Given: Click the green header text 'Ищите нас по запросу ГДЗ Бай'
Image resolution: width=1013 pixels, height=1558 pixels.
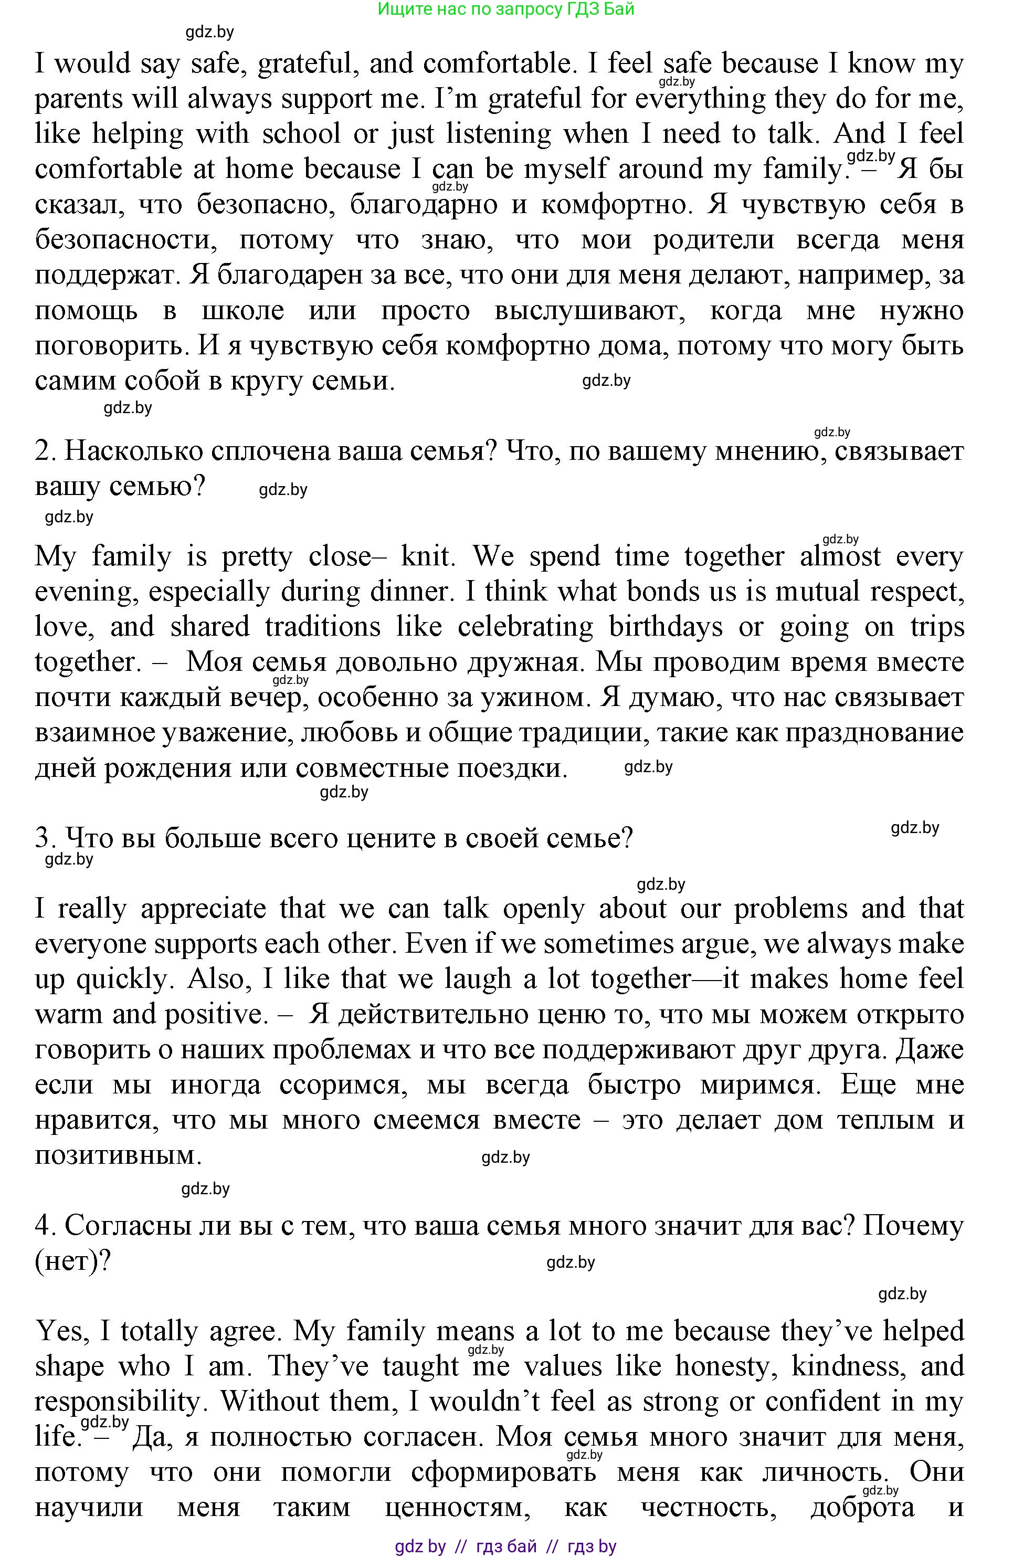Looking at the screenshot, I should pos(506,9).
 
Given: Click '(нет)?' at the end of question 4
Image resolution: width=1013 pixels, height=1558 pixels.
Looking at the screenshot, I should pos(72,1261).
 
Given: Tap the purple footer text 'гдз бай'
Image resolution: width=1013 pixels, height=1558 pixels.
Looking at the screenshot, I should pos(507,1546).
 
